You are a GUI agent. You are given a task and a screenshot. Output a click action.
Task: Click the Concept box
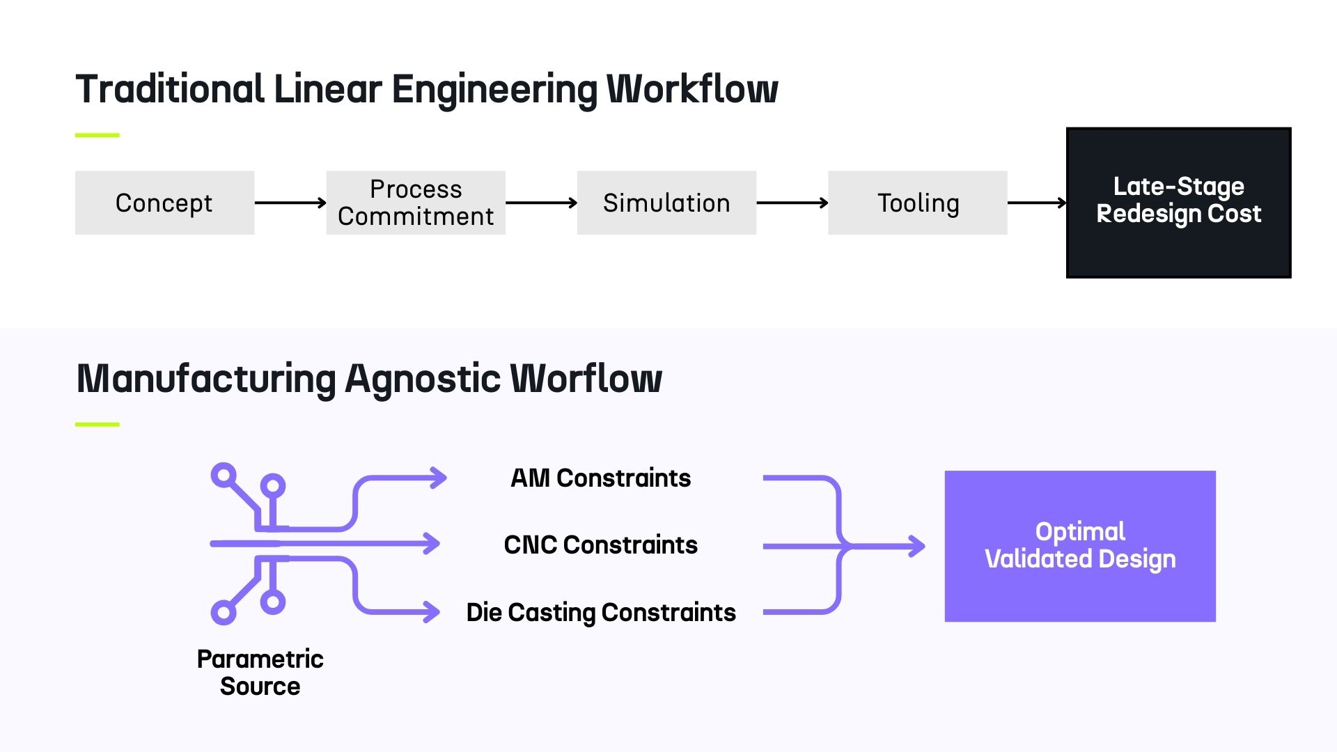[x=164, y=203]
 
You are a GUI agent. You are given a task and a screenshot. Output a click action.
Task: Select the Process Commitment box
[x=416, y=203]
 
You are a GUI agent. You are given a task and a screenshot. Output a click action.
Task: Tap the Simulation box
[x=666, y=203]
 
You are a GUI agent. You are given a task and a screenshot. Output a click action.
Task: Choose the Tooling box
[x=917, y=203]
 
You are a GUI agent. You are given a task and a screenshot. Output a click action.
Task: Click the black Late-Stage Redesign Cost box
[x=1178, y=203]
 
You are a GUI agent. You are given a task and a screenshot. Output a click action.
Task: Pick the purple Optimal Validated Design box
[x=1079, y=546]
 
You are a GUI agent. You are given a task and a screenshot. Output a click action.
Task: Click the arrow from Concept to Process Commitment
[x=290, y=203]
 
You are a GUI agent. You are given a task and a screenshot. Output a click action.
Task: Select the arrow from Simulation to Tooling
[x=792, y=203]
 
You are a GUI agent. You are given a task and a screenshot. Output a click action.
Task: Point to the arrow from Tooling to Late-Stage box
[x=1036, y=203]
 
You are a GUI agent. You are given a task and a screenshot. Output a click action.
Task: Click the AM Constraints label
[x=600, y=478]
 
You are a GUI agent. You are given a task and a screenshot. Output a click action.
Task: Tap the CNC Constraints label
[x=600, y=545]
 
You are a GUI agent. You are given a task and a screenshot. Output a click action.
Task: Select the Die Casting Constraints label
[x=600, y=613]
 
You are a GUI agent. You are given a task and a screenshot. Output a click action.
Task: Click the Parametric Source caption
[x=260, y=673]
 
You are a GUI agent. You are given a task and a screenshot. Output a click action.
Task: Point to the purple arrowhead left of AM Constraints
[x=439, y=478]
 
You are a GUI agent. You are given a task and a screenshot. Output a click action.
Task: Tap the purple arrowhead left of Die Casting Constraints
[x=432, y=612]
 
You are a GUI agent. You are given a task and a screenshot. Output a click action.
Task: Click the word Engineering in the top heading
[x=494, y=90]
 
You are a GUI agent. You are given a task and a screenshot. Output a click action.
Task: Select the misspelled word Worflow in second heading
[x=585, y=379]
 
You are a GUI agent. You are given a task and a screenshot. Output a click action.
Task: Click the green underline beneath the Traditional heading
[x=97, y=135]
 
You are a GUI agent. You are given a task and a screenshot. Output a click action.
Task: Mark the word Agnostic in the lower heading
[x=423, y=379]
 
